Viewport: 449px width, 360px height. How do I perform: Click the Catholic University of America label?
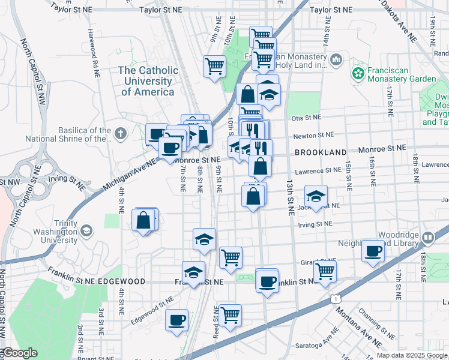(x=148, y=81)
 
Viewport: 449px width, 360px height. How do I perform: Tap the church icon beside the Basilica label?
(x=120, y=133)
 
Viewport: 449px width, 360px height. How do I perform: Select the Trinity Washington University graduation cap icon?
(x=87, y=230)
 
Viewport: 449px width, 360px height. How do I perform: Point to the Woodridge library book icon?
(x=427, y=238)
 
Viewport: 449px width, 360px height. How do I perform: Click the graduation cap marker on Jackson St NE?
(x=316, y=196)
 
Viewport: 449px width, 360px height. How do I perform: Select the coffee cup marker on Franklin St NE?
(x=267, y=280)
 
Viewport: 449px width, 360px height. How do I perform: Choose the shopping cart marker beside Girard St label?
(x=325, y=271)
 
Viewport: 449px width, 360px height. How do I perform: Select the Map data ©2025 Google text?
(x=412, y=355)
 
